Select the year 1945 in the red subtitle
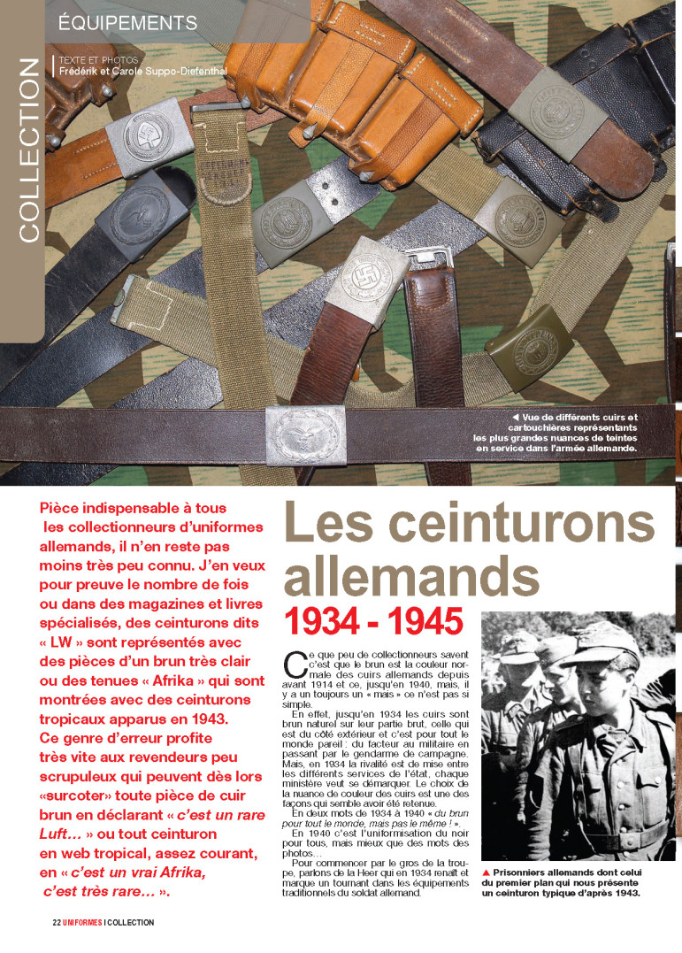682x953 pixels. [x=421, y=621]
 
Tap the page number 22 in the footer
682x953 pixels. [x=56, y=922]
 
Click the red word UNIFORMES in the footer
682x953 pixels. [x=82, y=922]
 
